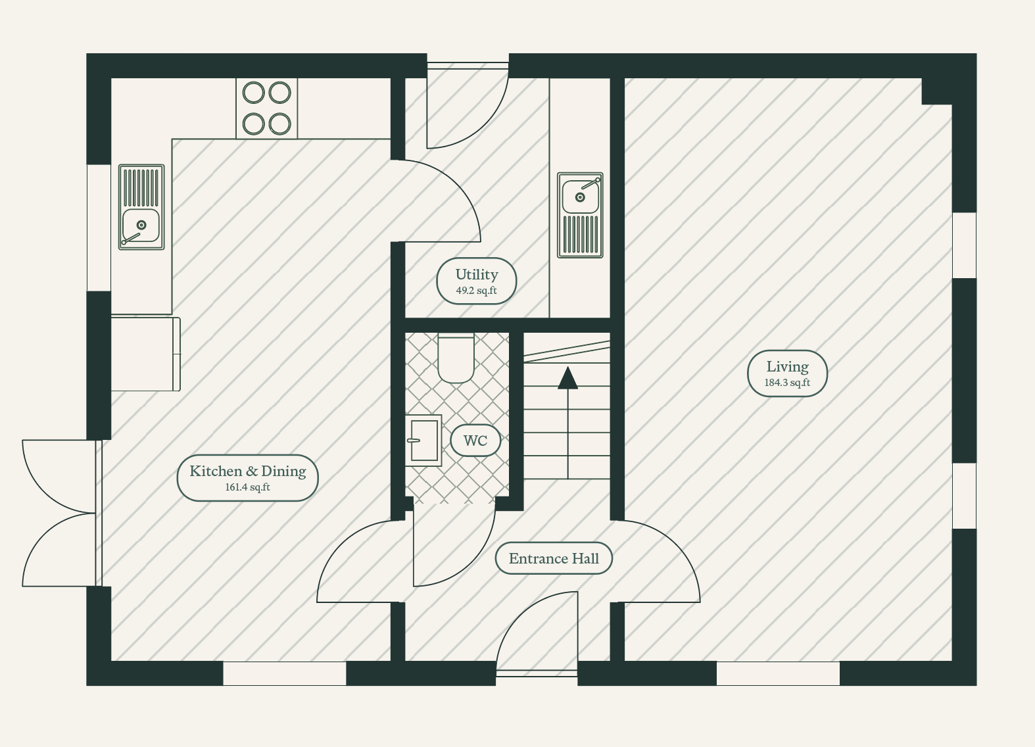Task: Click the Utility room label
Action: coord(476,281)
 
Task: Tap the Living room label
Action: coord(787,373)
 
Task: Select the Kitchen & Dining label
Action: coord(248,477)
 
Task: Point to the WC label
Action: coord(475,441)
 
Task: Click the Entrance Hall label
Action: coord(554,558)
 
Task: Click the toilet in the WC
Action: coord(456,358)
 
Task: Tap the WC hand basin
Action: coord(423,441)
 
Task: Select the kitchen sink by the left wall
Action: coord(141,207)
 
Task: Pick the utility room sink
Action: coord(580,215)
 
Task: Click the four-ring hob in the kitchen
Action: coord(266,108)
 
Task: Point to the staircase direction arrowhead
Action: coord(568,377)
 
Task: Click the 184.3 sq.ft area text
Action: coord(787,383)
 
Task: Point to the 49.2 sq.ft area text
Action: coord(476,291)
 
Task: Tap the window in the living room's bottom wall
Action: coord(778,673)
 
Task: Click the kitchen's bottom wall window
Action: coord(285,673)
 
